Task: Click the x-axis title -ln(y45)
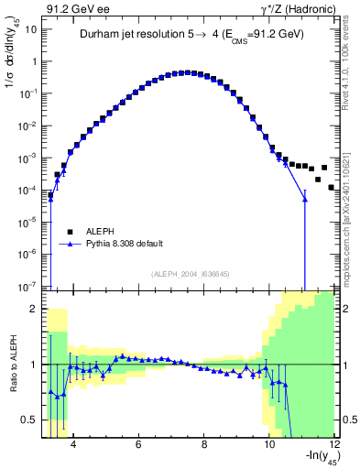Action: coord(311,459)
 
